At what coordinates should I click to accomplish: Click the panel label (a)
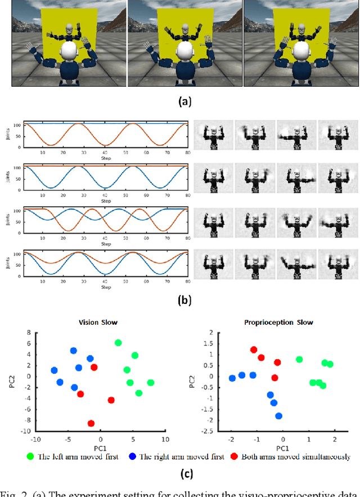pos(184,102)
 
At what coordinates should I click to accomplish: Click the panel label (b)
pos(184,300)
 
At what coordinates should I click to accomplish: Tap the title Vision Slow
pos(100,323)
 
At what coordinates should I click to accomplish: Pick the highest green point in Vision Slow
pos(118,343)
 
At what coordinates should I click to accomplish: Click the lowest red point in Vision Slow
pos(91,423)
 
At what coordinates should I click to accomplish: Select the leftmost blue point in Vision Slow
pos(54,370)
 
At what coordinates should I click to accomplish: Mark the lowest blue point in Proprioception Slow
pos(279,416)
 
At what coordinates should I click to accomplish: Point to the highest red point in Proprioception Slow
pos(254,350)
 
